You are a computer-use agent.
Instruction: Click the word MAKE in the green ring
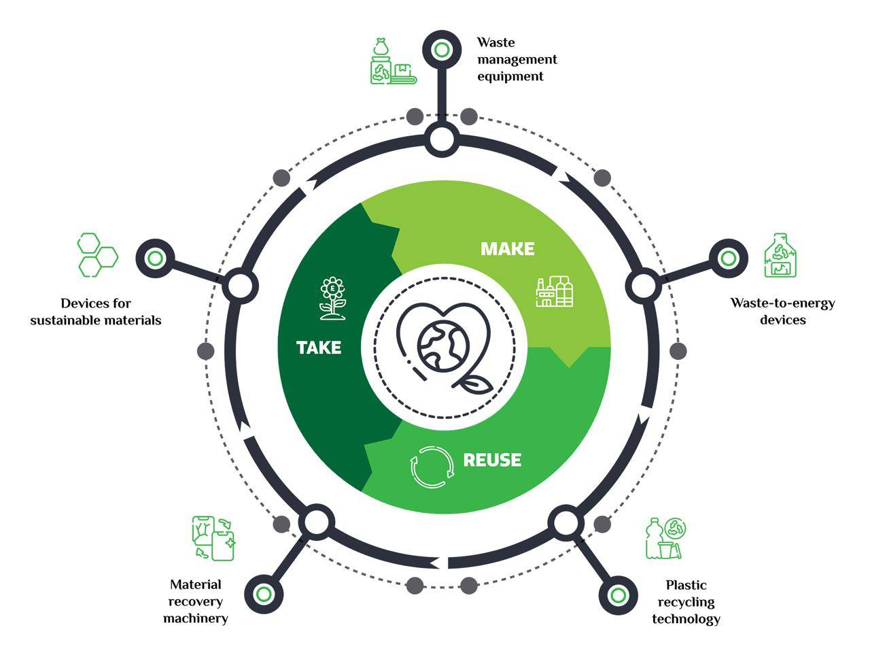[507, 249]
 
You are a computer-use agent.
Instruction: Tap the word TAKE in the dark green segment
[319, 348]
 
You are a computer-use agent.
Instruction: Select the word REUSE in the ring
[492, 460]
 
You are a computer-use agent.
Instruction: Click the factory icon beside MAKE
[554, 292]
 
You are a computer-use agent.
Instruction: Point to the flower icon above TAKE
[332, 298]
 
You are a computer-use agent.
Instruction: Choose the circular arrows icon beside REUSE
[432, 467]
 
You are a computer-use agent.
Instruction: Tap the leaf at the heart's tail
[474, 384]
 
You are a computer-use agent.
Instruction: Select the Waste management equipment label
[517, 59]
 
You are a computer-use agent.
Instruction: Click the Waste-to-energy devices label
[782, 311]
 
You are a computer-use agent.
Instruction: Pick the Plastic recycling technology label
[686, 601]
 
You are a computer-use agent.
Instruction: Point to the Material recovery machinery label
[196, 601]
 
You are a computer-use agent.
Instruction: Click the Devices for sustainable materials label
[96, 311]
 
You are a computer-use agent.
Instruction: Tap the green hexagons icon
[97, 255]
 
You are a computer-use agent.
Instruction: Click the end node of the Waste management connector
[442, 50]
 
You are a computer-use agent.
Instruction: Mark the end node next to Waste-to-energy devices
[728, 258]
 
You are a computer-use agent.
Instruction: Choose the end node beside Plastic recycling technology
[617, 596]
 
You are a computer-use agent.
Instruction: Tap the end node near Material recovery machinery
[263, 594]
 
